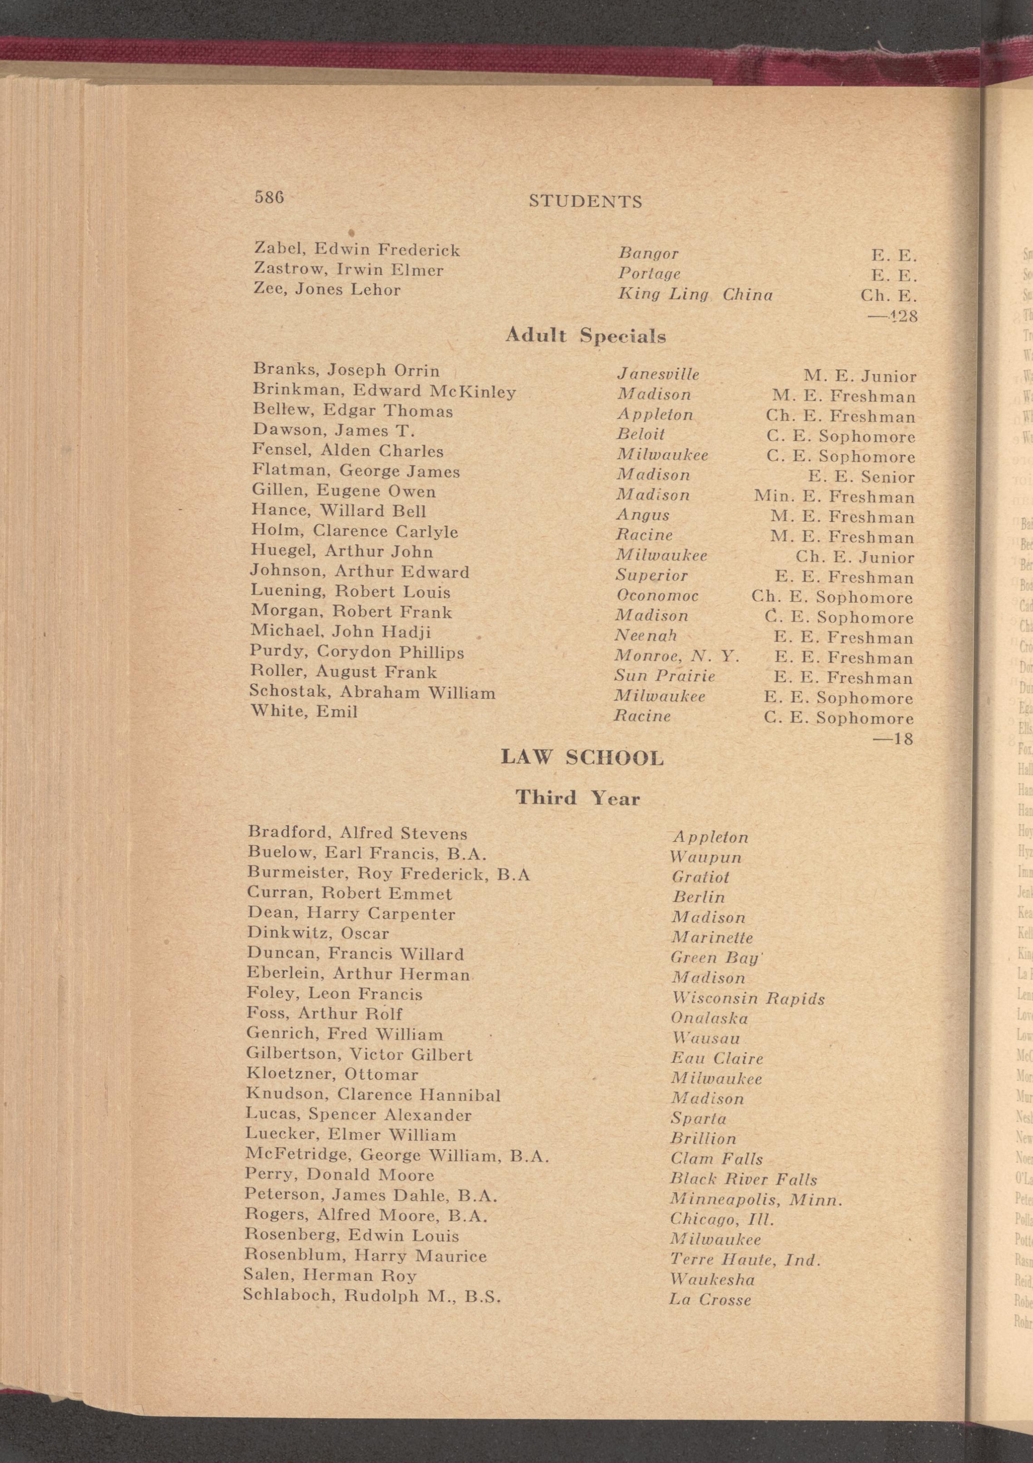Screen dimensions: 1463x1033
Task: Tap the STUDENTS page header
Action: [585, 202]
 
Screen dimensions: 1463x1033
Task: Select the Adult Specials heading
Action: [585, 336]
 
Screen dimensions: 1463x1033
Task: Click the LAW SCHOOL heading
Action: [582, 758]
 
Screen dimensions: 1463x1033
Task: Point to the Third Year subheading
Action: [577, 798]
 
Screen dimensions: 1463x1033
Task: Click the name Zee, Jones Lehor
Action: [328, 290]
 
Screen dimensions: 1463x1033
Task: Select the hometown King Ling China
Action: [695, 295]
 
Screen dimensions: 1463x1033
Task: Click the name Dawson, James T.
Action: [325, 431]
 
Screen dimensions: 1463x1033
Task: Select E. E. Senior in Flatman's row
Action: [861, 477]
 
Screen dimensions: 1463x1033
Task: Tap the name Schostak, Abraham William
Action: [373, 693]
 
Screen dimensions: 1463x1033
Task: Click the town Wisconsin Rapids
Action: [748, 999]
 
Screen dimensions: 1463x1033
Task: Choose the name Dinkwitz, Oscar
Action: [318, 933]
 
